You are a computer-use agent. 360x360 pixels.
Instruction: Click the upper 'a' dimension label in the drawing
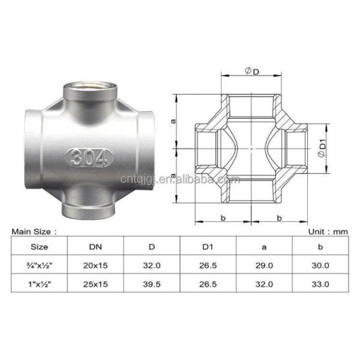(173, 121)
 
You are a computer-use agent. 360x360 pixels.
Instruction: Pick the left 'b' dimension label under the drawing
(223, 218)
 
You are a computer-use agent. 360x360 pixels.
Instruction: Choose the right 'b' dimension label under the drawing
(280, 218)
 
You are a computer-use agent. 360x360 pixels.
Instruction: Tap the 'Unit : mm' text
(328, 230)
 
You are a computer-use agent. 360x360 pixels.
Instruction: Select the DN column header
(96, 246)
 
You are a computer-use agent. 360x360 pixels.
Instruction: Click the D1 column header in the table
(208, 246)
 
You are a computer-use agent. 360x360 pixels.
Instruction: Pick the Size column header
(40, 246)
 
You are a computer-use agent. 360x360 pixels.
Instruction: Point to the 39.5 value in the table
(152, 283)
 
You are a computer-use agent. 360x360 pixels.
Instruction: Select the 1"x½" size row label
(40, 283)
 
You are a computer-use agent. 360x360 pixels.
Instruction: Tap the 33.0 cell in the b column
(320, 283)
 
